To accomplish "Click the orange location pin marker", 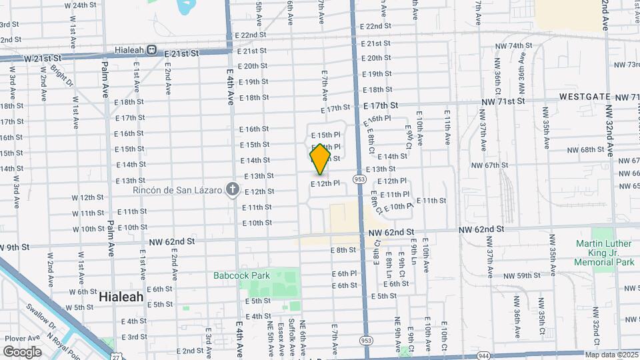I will (x=320, y=159).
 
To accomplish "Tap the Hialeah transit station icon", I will (x=152, y=49).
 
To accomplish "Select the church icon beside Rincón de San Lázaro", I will (x=231, y=190).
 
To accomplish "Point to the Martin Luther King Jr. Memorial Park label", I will (x=605, y=253).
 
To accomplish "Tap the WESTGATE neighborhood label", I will (x=585, y=97).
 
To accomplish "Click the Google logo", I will (x=22, y=351).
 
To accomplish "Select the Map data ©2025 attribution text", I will (x=611, y=354).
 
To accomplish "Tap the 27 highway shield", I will (x=117, y=356).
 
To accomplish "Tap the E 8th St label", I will (x=343, y=250).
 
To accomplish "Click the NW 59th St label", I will (x=520, y=275).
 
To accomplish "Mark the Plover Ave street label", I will (x=19, y=338).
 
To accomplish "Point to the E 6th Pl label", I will (x=344, y=273).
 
